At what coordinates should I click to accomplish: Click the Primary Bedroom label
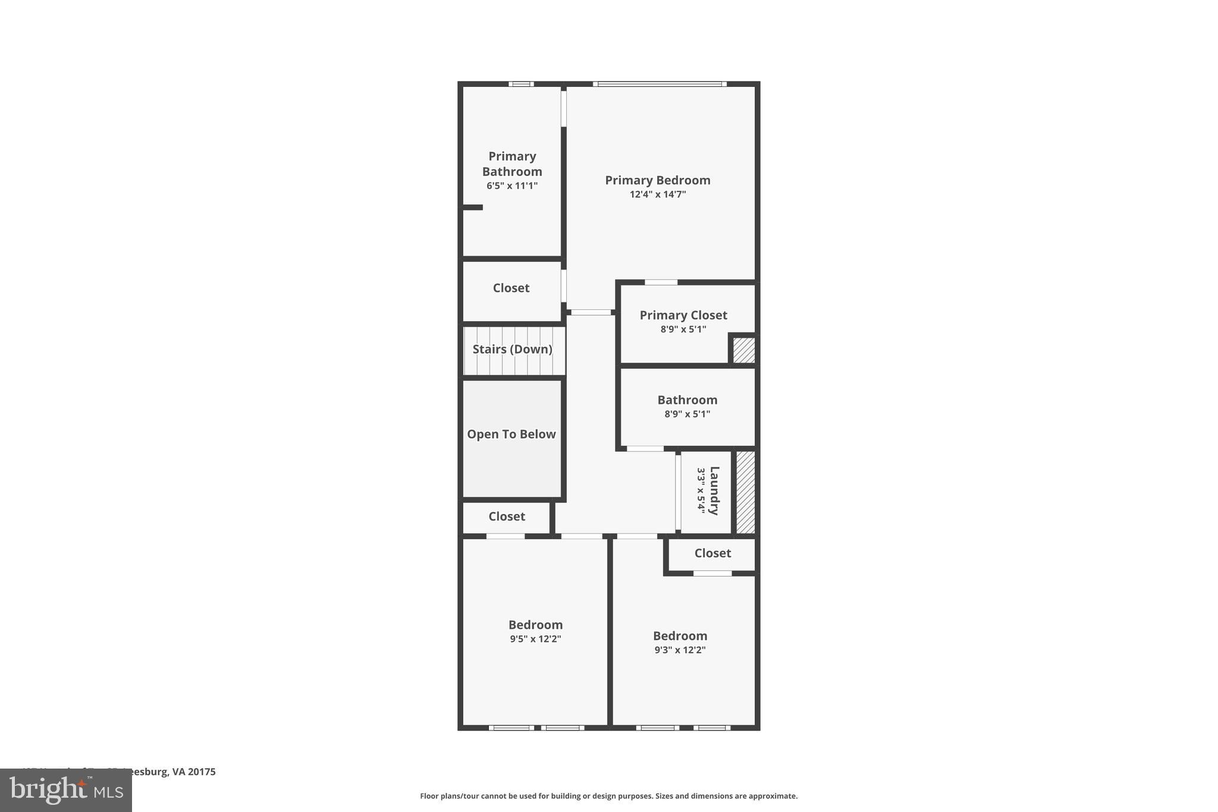[x=657, y=180]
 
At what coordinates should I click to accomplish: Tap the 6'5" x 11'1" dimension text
[x=511, y=186]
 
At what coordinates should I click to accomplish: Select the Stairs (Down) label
[x=512, y=349]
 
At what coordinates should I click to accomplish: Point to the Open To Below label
[x=511, y=434]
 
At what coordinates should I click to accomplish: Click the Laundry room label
[x=714, y=491]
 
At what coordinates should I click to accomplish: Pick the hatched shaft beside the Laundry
[x=746, y=492]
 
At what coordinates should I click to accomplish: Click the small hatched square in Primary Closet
[x=743, y=350]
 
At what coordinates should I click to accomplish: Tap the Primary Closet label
[x=683, y=315]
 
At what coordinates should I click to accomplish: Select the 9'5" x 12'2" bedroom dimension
[x=535, y=639]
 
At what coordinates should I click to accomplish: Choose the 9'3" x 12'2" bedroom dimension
[x=680, y=650]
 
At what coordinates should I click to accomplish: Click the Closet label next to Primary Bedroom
[x=511, y=288]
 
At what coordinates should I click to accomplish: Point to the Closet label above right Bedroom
[x=712, y=553]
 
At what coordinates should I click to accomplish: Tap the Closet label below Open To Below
[x=507, y=516]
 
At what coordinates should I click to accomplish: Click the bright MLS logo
[x=66, y=790]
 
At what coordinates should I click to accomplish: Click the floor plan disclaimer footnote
[x=608, y=796]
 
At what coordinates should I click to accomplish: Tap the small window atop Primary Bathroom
[x=521, y=84]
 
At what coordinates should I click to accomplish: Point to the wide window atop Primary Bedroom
[x=660, y=84]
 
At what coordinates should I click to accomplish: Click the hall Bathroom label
[x=687, y=400]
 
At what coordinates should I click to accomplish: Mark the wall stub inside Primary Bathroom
[x=473, y=207]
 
